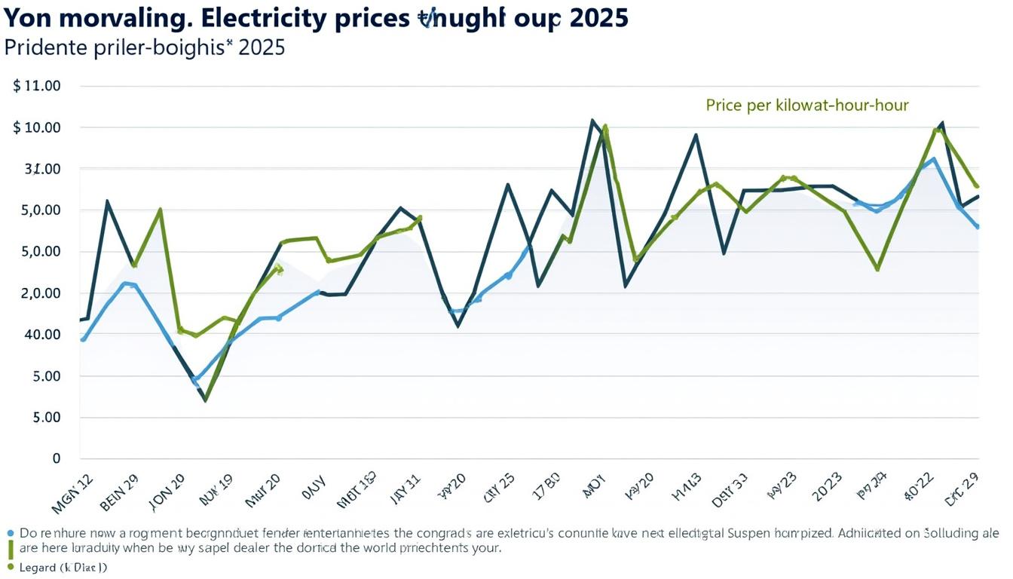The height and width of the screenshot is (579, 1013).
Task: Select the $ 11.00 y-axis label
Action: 37,86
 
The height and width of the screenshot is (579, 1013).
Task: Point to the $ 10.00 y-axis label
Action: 37,127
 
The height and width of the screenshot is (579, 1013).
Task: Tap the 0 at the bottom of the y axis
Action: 56,458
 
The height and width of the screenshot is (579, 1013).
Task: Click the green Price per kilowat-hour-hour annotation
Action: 807,106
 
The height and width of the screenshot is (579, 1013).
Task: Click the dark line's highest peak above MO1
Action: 592,121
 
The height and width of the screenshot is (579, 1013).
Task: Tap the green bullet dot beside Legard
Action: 11,566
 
